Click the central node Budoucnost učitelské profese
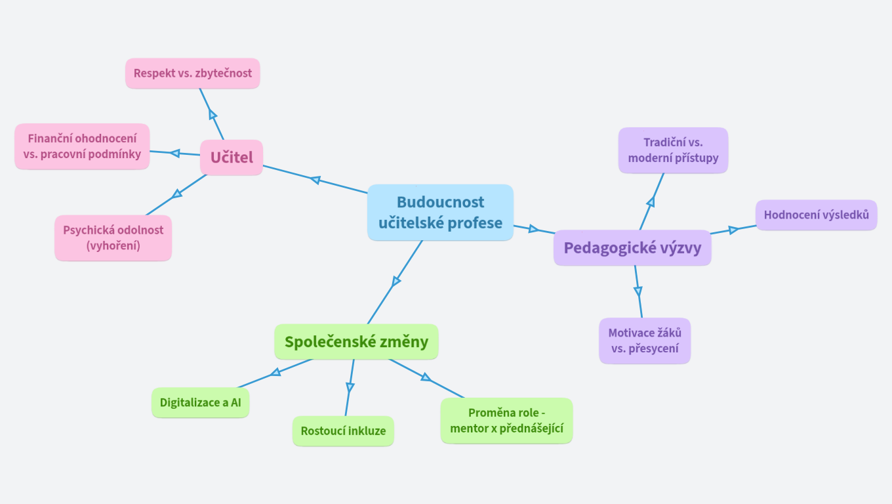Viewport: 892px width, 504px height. (440, 212)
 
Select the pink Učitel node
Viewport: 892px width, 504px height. (232, 157)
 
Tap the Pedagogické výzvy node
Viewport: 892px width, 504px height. (632, 247)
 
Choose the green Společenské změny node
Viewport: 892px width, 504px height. (356, 341)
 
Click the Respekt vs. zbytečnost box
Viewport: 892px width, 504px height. (193, 73)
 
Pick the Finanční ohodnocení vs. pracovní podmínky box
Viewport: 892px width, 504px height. (82, 146)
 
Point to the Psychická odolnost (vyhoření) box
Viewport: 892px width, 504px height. (113, 238)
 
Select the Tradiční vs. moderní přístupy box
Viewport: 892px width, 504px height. (673, 150)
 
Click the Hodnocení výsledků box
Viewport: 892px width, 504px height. (816, 215)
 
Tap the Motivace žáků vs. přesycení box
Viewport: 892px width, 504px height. (645, 341)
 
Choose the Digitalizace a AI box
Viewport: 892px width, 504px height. (201, 402)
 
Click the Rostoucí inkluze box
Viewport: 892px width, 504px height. (343, 431)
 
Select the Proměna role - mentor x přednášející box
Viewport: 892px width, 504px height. (506, 421)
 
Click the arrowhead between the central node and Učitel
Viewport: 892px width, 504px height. (315, 180)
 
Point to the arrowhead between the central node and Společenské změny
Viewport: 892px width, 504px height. (395, 282)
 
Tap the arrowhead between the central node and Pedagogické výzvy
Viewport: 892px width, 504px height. (533, 229)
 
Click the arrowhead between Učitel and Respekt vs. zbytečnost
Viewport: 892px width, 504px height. (213, 115)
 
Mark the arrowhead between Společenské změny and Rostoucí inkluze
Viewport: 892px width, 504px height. (350, 387)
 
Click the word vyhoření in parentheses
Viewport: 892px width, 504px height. (113, 245)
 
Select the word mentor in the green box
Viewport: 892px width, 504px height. (467, 429)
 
